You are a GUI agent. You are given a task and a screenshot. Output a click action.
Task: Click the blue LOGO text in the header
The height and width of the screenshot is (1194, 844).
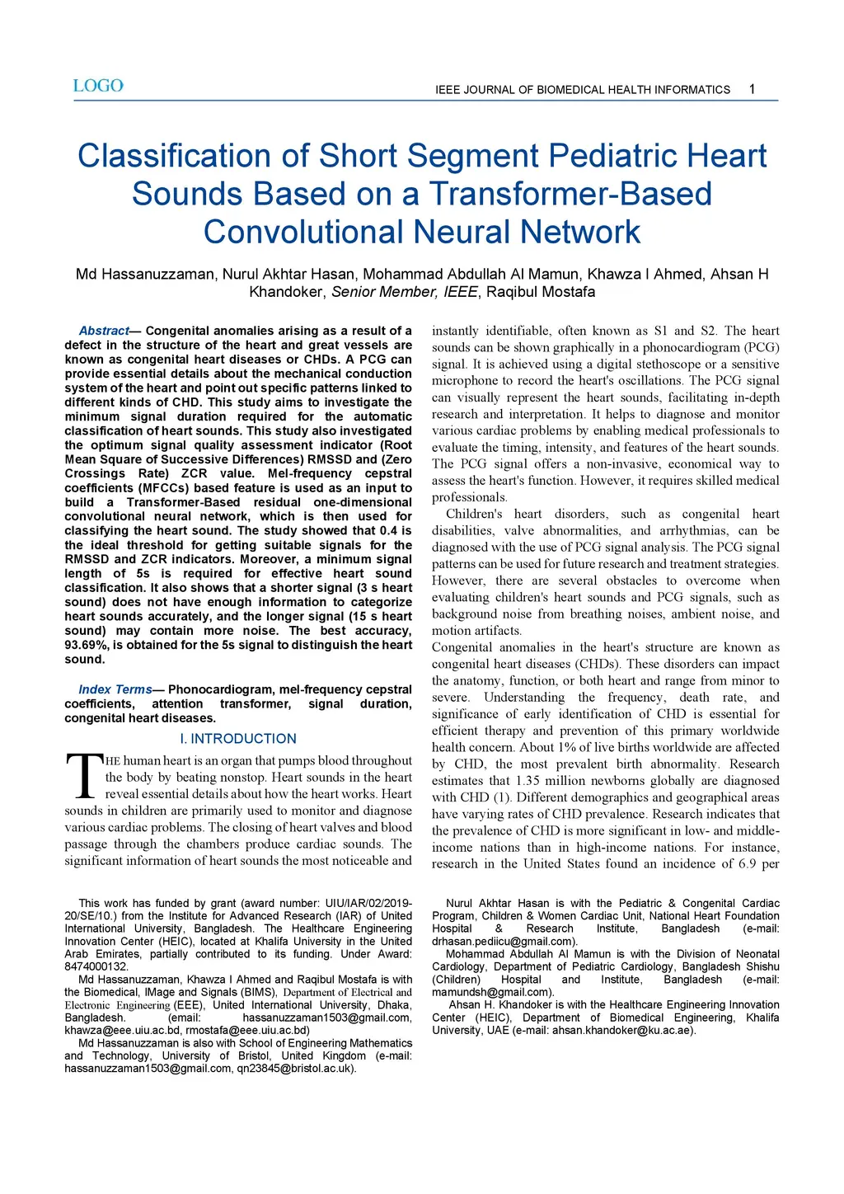tap(98, 86)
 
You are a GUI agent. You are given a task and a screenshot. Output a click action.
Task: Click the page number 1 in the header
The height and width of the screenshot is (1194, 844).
tap(752, 89)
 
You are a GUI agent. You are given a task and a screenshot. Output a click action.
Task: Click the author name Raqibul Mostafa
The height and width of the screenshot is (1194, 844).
tap(541, 292)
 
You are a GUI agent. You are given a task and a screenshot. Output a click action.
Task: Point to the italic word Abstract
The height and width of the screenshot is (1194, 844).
tap(104, 331)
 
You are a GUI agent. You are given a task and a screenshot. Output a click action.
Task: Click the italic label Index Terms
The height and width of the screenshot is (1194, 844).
tap(115, 689)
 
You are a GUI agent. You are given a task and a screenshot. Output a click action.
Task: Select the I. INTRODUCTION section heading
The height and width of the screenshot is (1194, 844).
tap(238, 739)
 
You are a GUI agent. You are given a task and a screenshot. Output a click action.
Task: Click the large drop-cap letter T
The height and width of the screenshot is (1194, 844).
tap(84, 776)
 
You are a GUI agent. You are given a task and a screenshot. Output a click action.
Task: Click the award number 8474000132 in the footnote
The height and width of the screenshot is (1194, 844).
tap(96, 966)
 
